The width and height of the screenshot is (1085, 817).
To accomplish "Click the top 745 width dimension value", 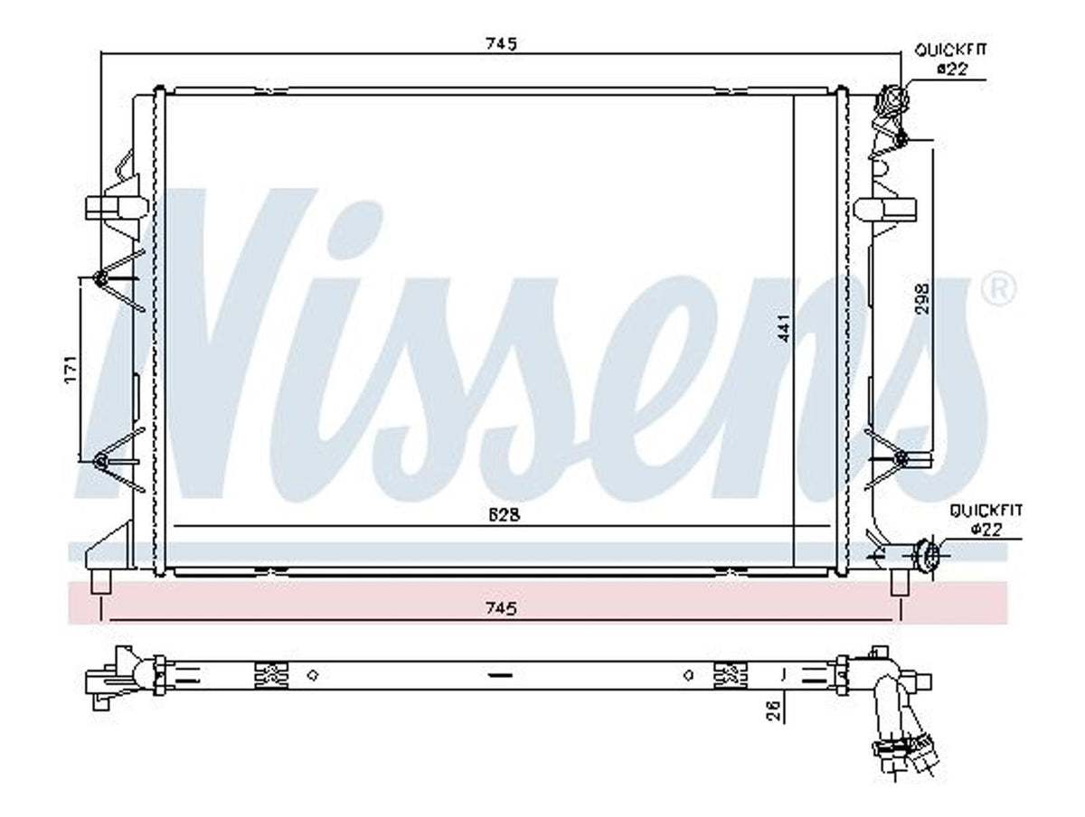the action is (x=500, y=44).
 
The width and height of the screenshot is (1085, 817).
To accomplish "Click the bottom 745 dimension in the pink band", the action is (x=500, y=608).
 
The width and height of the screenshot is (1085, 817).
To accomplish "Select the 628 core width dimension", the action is (x=505, y=515).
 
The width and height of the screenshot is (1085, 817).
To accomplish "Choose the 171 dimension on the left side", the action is (x=72, y=368).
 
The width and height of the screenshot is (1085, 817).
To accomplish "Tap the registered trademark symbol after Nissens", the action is (x=999, y=290).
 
